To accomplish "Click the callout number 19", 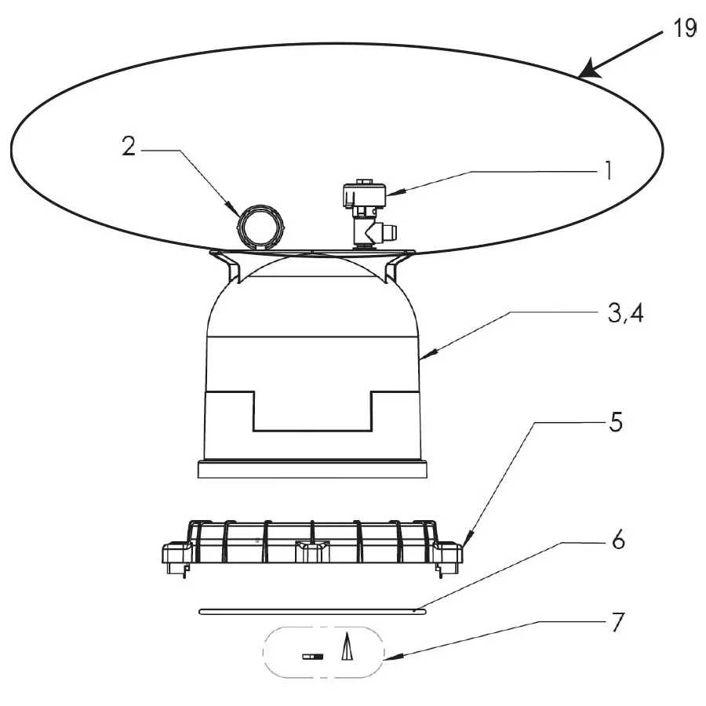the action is click(684, 28).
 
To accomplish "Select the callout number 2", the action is click(129, 147).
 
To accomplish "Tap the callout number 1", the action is click(609, 171).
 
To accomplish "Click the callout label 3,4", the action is click(625, 313).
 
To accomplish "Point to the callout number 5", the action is click(616, 422).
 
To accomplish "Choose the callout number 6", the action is click(619, 540).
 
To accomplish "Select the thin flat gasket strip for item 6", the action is click(312, 611).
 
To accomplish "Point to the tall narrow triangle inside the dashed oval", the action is click(347, 646).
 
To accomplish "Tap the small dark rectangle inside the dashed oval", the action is click(312, 657).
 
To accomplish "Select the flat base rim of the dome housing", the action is click(312, 469).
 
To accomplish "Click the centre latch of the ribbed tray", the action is click(312, 551).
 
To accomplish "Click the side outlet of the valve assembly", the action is click(388, 231).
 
